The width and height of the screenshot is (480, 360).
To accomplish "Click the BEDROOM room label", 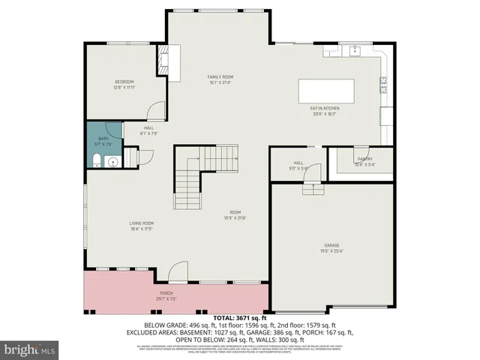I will (x=124, y=81).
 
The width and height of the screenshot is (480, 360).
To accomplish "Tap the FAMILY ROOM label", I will (x=220, y=76).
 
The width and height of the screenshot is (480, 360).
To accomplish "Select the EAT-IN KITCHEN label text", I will (x=325, y=109).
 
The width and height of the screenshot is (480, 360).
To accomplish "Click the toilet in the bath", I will (x=97, y=158).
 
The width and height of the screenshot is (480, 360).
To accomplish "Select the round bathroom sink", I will (x=113, y=160).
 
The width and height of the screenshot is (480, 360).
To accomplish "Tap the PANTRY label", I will (x=364, y=158).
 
